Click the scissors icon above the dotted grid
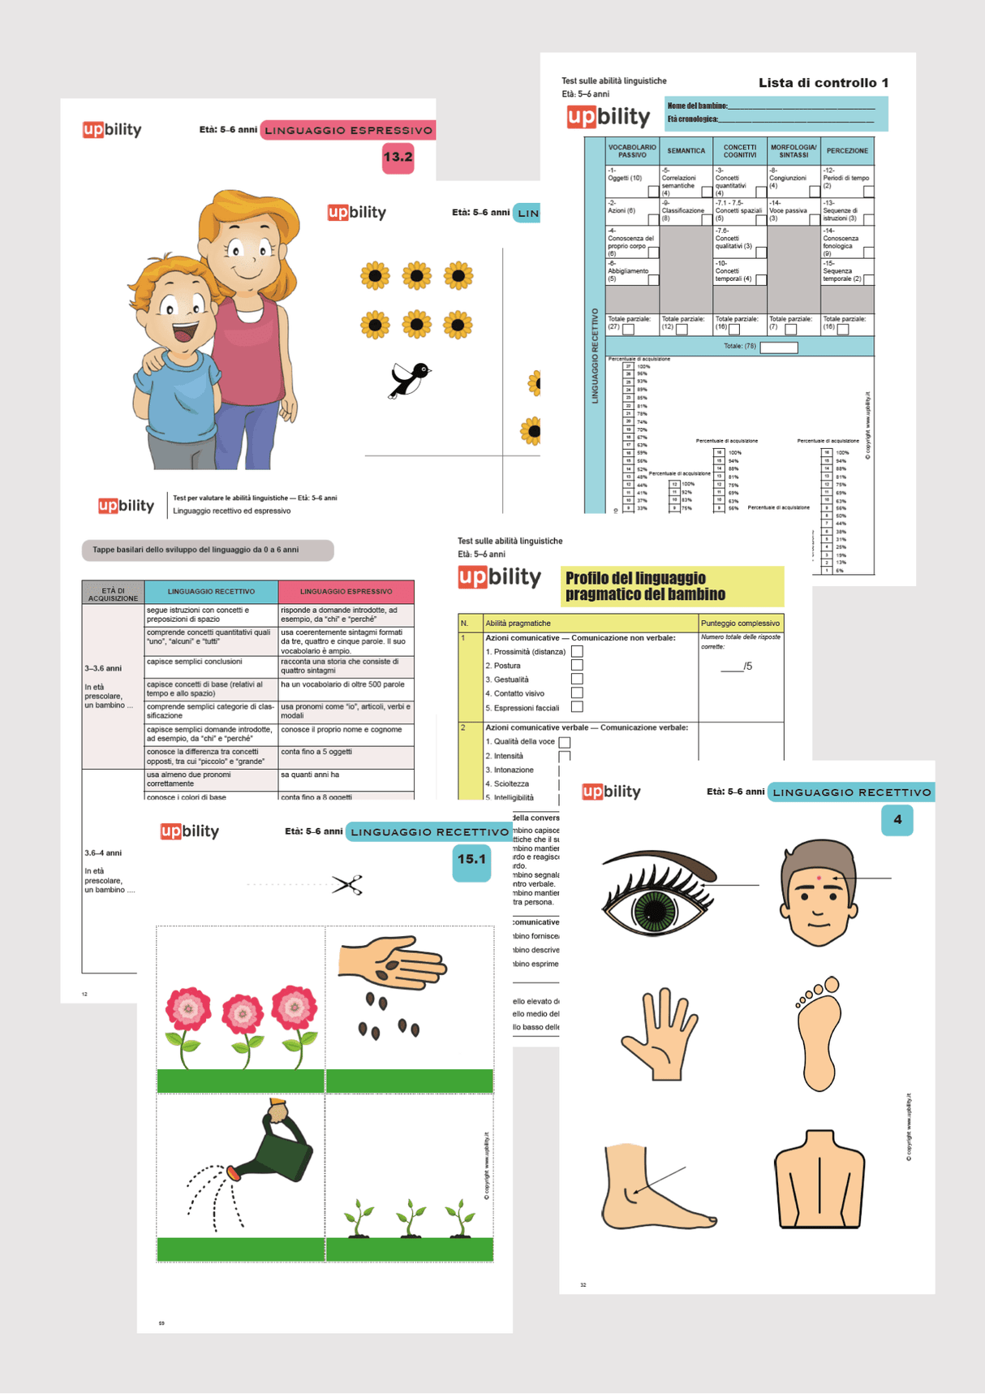click(x=347, y=884)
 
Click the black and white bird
click(x=410, y=379)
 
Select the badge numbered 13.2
click(x=398, y=157)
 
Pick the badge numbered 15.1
click(x=471, y=860)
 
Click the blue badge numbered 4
click(x=897, y=820)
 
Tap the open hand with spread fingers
click(x=659, y=1034)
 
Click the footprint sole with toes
click(x=818, y=1034)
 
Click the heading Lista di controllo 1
click(x=823, y=83)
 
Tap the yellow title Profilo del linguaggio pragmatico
click(x=672, y=586)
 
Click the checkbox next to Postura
click(x=577, y=666)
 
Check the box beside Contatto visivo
click(x=577, y=693)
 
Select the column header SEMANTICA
click(x=686, y=151)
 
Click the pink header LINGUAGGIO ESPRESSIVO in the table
click(x=346, y=592)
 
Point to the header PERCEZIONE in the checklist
click(x=847, y=151)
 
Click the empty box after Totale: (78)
click(x=778, y=347)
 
